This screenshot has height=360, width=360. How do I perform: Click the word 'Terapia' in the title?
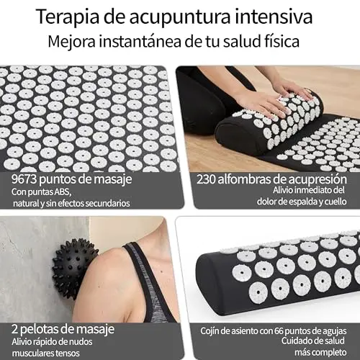(68, 17)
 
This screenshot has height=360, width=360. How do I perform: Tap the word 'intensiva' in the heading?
(274, 16)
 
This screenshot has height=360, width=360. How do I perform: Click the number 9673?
(24, 179)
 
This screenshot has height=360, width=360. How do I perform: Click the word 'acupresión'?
(318, 180)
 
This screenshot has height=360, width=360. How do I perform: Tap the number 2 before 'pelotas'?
(14, 329)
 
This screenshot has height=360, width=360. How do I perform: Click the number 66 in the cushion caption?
(279, 331)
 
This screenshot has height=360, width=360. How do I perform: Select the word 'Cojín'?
(210, 331)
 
